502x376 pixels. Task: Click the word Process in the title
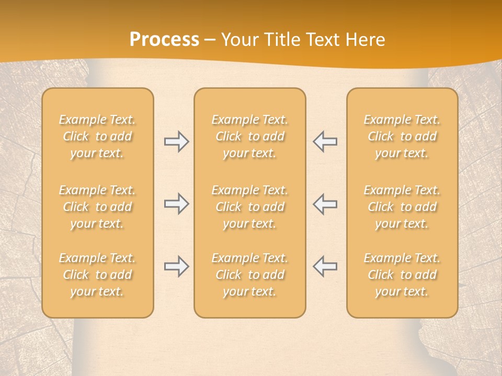point(164,40)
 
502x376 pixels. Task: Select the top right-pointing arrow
point(176,142)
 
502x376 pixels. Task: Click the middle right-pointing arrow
point(176,204)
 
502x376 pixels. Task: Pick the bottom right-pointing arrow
point(176,266)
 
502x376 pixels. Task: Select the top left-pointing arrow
point(325,142)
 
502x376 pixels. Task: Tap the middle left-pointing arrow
point(325,204)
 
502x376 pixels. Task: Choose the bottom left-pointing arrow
point(325,266)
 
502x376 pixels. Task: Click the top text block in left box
point(97,136)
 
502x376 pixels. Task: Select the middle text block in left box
point(97,207)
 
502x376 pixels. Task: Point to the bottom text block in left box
point(97,275)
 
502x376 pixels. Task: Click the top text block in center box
point(249,136)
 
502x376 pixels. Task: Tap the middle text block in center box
point(249,207)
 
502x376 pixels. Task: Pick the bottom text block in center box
point(249,275)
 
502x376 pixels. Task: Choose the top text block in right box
point(402,136)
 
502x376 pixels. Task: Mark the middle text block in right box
point(402,207)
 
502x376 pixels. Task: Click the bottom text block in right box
point(402,275)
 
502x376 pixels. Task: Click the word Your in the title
point(240,40)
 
